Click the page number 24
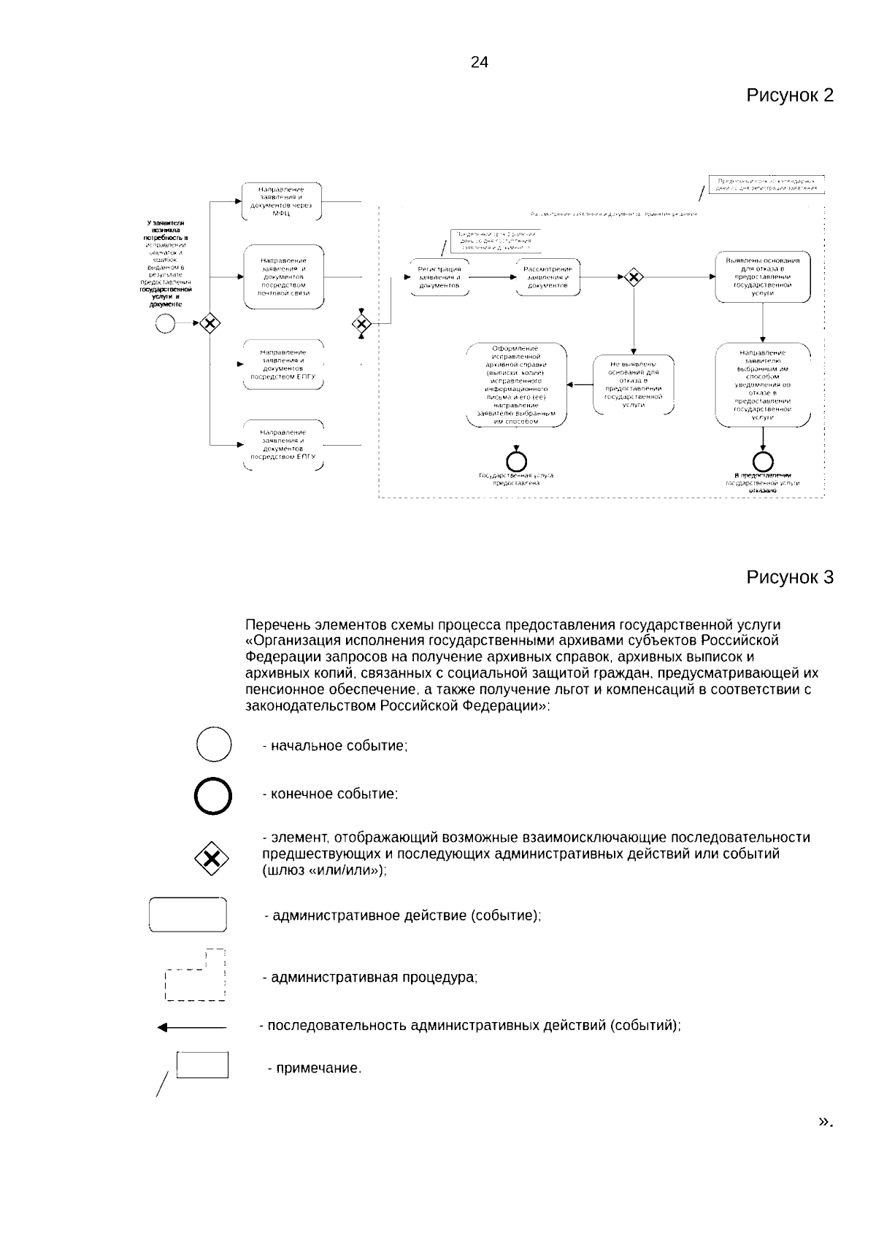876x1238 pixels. coord(479,63)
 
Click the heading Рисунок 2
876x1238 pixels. coord(789,96)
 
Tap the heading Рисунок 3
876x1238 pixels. coord(789,577)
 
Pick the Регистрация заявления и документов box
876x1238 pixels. coord(439,277)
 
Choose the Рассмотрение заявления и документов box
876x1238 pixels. coord(547,277)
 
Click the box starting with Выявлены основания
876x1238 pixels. coord(762,277)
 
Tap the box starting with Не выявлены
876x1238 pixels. coord(633,384)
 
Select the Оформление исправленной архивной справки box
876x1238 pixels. coord(516,384)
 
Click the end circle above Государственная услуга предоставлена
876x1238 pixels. coord(517,461)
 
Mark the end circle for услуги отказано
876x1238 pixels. coord(763,461)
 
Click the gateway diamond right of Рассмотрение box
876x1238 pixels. coord(633,277)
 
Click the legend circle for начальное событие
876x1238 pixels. coord(214,745)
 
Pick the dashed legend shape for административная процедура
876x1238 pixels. coord(196,975)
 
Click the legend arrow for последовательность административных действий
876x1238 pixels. coord(192,1027)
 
